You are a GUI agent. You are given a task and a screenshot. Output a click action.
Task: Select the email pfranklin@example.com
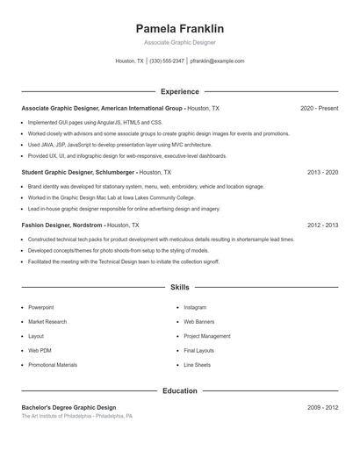coord(217,61)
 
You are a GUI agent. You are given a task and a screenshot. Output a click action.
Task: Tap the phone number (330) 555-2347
coord(167,61)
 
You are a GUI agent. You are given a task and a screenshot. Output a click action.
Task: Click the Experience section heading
coord(180,91)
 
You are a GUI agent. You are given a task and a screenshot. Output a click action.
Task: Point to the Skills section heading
coord(180,287)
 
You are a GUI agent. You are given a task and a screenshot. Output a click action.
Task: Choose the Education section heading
coord(180,390)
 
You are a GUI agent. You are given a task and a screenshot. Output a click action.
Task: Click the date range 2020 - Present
coord(319,108)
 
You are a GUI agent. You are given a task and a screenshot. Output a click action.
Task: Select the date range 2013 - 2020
coord(323,173)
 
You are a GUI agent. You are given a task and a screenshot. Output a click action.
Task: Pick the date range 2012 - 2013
coord(323,225)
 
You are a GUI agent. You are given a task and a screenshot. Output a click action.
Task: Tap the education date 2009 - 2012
coord(323,408)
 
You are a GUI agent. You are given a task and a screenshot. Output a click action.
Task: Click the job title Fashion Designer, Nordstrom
coord(61,225)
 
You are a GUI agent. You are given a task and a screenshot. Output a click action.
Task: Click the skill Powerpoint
coord(40,308)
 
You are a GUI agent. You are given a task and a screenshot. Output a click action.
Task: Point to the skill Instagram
coord(195,308)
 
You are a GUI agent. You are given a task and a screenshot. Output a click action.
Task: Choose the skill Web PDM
coord(40,350)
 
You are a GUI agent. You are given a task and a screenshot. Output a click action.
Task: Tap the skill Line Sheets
coord(197,364)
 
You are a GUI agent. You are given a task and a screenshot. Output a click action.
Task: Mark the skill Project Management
coord(207,336)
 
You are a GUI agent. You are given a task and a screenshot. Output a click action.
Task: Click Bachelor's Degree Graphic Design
coord(68,408)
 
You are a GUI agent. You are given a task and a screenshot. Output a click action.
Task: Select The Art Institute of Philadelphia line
coord(77,417)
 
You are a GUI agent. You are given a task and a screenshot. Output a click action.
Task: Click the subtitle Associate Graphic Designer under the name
coord(180,42)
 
